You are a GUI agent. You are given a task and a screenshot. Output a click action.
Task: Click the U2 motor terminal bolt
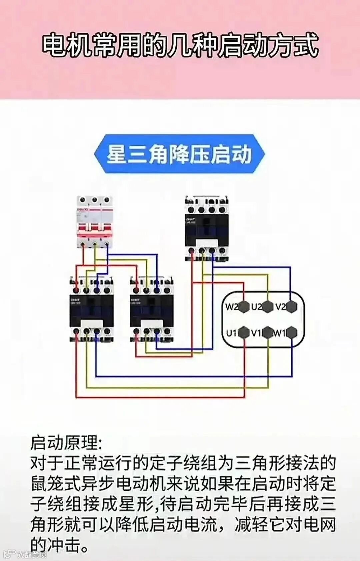(268, 307)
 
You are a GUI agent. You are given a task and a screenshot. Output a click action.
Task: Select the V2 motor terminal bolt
(291, 307)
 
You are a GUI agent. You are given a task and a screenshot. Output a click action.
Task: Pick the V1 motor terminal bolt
(268, 333)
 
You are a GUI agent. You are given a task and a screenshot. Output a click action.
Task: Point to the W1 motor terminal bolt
(291, 333)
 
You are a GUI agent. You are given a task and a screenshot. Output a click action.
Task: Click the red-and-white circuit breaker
(95, 222)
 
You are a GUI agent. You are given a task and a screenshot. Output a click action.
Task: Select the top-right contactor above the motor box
(207, 229)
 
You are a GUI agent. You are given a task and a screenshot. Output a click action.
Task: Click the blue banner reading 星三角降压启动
(179, 154)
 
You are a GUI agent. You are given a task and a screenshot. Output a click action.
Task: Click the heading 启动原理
(66, 443)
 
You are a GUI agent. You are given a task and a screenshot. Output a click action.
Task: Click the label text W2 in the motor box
(231, 307)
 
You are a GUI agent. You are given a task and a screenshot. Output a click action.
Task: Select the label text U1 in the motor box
(231, 333)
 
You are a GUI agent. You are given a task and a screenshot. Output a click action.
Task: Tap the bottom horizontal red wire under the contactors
(160, 397)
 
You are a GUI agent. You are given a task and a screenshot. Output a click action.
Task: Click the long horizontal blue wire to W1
(193, 377)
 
